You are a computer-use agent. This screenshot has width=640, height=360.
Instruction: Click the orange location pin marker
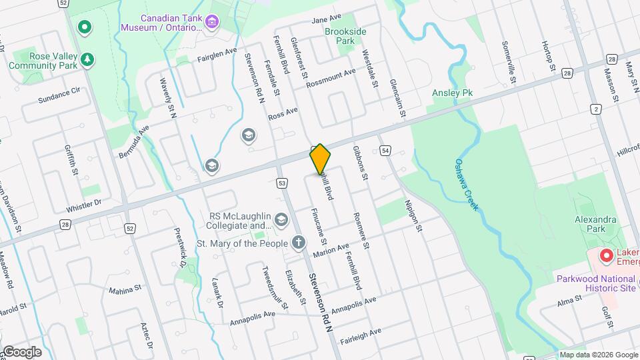pos(320,159)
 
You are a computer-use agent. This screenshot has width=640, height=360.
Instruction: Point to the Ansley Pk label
pos(452,93)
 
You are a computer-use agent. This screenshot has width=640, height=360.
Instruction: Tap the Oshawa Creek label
pos(467,184)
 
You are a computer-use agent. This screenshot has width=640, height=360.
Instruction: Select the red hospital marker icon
pos(606,255)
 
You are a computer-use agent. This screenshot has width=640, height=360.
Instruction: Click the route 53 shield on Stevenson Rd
pos(283,183)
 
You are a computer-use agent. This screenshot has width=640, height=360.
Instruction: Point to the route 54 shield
pos(386,151)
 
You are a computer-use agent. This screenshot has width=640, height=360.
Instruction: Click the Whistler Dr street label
pos(83,203)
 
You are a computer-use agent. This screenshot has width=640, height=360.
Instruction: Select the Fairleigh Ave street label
pos(360,331)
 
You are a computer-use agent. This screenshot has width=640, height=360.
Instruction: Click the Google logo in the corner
pos(22,351)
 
